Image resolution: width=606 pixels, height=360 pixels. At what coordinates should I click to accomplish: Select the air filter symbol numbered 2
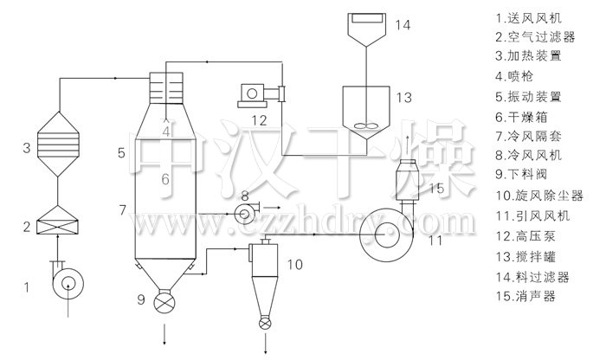[57, 220]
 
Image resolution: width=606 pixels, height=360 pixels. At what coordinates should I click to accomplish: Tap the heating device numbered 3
[58, 144]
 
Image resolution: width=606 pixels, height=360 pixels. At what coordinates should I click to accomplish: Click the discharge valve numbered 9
[164, 301]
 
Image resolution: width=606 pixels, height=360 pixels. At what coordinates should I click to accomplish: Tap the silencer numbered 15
[408, 180]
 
